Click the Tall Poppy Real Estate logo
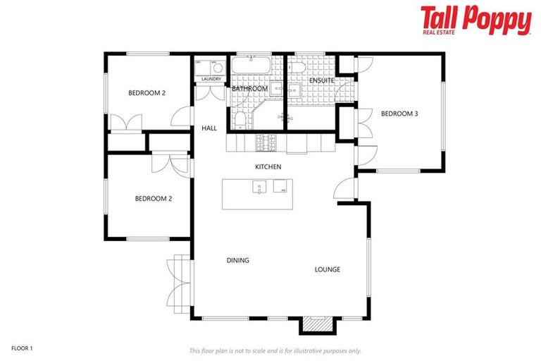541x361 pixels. [475, 20]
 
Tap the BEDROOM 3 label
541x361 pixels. [399, 114]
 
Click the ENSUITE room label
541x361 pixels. [321, 80]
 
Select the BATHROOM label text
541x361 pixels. [250, 89]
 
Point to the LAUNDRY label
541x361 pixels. [211, 79]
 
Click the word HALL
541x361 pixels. [209, 128]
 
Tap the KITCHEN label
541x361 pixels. [268, 167]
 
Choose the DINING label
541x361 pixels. [237, 260]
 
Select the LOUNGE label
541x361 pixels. [328, 269]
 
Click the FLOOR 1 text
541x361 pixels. [22, 348]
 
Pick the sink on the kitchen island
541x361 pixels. [260, 188]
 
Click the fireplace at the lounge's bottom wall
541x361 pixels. [315, 324]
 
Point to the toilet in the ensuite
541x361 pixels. [295, 68]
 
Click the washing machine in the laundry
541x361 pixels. [218, 68]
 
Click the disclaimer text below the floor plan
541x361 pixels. [275, 350]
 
